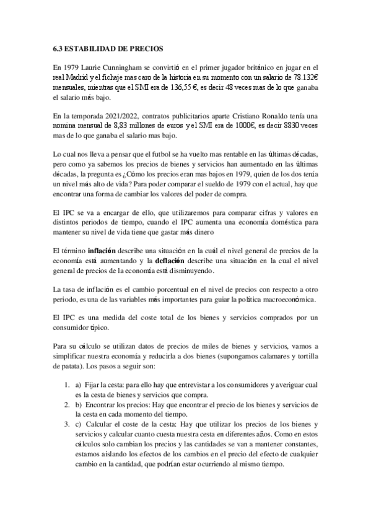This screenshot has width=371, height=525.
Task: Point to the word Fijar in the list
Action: tap(94, 384)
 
